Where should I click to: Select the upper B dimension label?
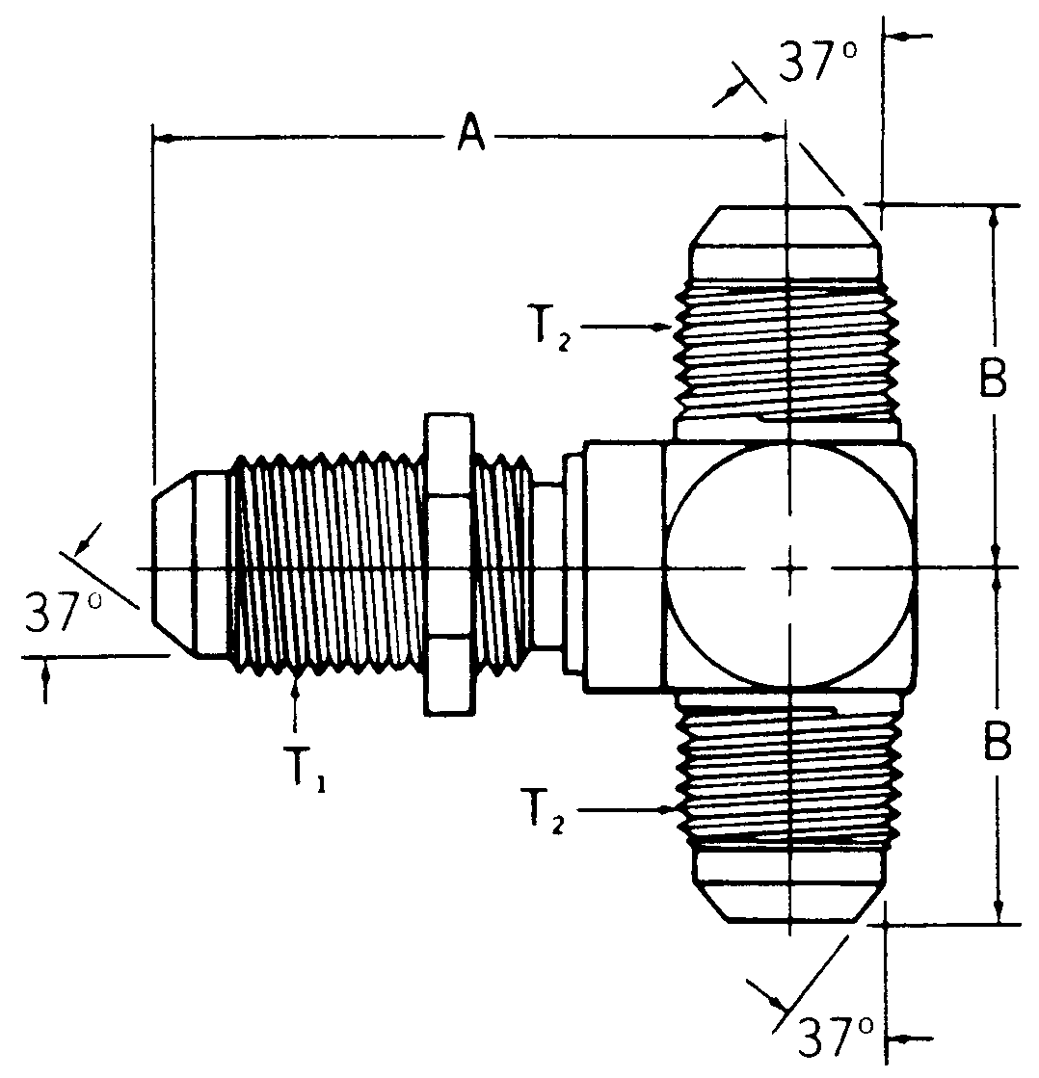point(994,381)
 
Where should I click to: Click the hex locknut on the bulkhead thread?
point(448,565)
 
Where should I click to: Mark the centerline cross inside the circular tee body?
point(788,567)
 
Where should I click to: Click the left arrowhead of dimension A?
point(162,140)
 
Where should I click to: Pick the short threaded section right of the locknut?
point(503,565)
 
